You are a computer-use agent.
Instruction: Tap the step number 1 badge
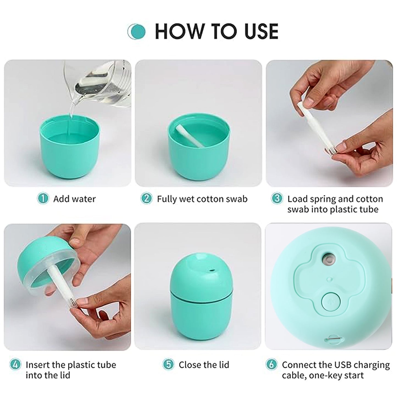click(x=43, y=198)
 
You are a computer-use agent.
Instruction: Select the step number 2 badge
click(x=146, y=198)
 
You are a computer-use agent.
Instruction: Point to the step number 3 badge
click(x=277, y=198)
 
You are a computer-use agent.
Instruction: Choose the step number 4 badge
click(x=15, y=365)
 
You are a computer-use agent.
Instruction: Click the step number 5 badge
click(x=168, y=365)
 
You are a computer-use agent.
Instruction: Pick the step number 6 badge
click(x=271, y=365)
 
